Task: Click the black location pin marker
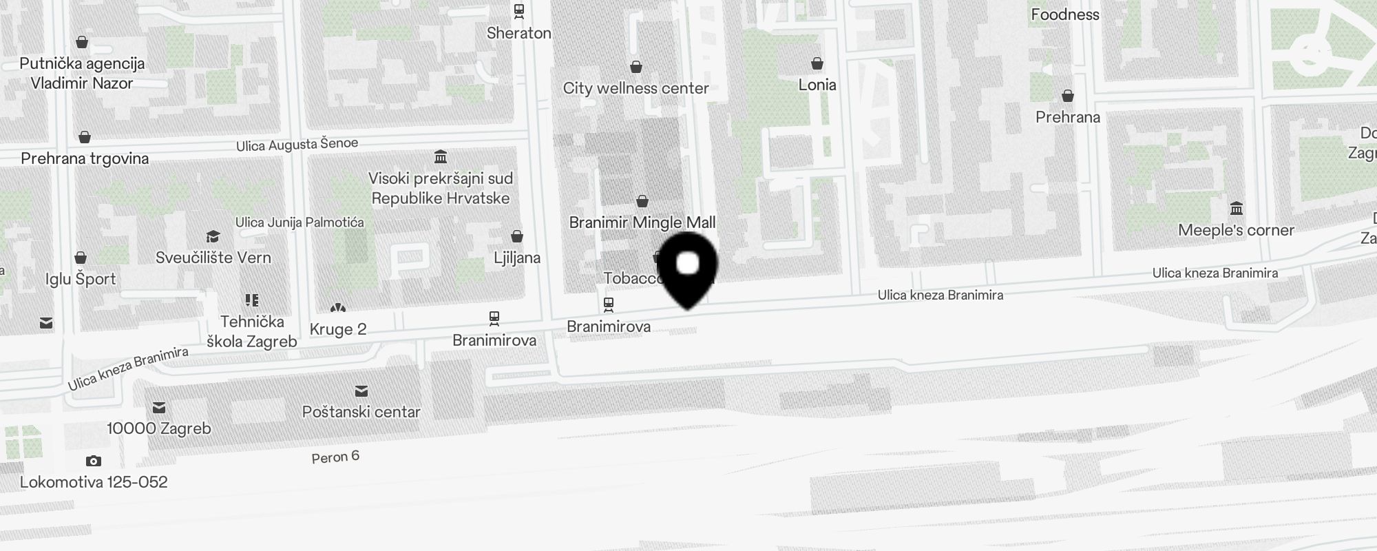688,268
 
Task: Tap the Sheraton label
518,33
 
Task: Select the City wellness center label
635,88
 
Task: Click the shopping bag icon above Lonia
817,64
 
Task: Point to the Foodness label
1064,14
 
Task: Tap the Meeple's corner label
1236,230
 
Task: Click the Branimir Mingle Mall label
642,222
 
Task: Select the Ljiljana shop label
517,258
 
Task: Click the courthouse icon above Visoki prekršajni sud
441,157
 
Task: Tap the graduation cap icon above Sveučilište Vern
213,237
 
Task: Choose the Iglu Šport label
81,279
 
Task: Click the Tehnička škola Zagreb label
252,331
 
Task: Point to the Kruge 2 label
338,329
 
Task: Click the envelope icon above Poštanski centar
361,392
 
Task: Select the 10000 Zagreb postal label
159,428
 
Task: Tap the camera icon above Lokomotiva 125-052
94,461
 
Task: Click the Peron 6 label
335,457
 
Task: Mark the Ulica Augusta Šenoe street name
297,145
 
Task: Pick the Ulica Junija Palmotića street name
299,222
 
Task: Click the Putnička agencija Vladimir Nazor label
82,73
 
